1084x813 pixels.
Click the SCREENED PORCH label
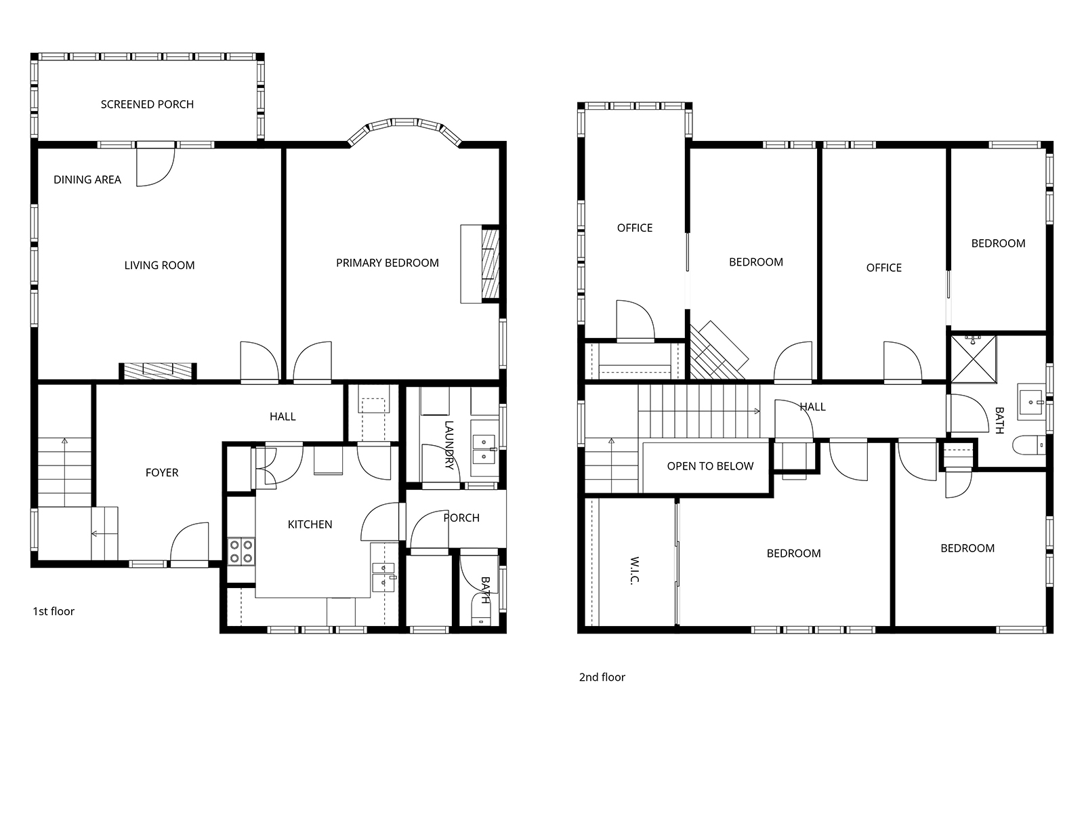pyautogui.click(x=147, y=104)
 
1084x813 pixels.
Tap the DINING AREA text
pyautogui.click(x=87, y=180)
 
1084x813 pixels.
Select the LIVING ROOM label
pyautogui.click(x=159, y=266)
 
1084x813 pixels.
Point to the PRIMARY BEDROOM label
pyautogui.click(x=387, y=263)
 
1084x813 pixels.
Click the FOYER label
pyautogui.click(x=162, y=473)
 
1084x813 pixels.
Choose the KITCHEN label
pyautogui.click(x=310, y=524)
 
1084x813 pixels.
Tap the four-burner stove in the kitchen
pyautogui.click(x=241, y=552)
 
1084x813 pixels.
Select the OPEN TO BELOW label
pyautogui.click(x=710, y=467)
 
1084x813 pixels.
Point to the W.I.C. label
pyautogui.click(x=635, y=570)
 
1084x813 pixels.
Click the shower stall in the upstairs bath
pyautogui.click(x=974, y=359)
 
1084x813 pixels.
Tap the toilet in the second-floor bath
pyautogui.click(x=1028, y=445)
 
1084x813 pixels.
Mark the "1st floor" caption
pyautogui.click(x=54, y=612)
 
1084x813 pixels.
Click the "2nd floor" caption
pyautogui.click(x=602, y=677)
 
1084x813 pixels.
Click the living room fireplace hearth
pyautogui.click(x=158, y=372)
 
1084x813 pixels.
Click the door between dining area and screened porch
pyautogui.click(x=156, y=165)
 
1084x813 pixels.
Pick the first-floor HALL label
pyautogui.click(x=283, y=417)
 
